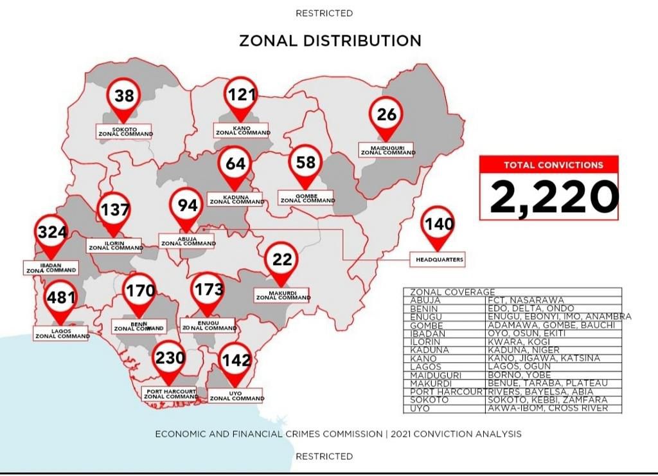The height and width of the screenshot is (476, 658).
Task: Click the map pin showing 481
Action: pyautogui.click(x=60, y=298)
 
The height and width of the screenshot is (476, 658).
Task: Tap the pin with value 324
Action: pyautogui.click(x=52, y=232)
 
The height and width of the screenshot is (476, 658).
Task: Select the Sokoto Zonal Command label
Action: pyautogui.click(x=124, y=132)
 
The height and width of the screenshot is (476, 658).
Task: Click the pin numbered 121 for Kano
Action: pyautogui.click(x=241, y=96)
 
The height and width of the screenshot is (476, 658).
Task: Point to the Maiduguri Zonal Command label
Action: pyautogui.click(x=387, y=150)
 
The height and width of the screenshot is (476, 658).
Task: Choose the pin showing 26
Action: pyautogui.click(x=386, y=115)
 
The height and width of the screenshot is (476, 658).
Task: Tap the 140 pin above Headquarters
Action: pyautogui.click(x=438, y=224)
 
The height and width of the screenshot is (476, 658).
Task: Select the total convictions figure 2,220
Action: pyautogui.click(x=551, y=197)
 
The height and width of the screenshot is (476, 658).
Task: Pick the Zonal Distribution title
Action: pyautogui.click(x=330, y=41)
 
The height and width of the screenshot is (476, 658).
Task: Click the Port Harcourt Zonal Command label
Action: pyautogui.click(x=170, y=393)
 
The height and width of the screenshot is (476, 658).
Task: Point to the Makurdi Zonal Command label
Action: pyautogui.click(x=281, y=295)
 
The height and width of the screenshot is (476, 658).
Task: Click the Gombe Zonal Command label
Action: pyautogui.click(x=306, y=197)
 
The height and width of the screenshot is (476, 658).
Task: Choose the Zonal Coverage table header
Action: pyautogui.click(x=452, y=292)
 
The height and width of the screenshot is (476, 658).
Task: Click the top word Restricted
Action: pyautogui.click(x=324, y=13)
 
